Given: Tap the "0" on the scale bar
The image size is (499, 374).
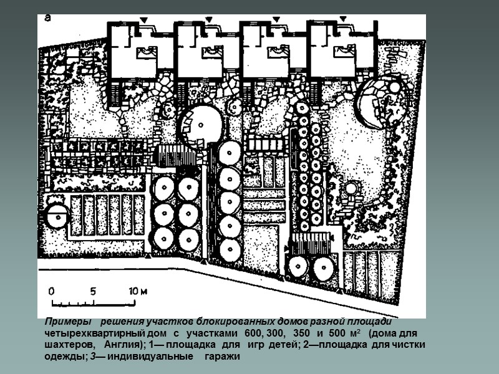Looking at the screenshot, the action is pos(52,291).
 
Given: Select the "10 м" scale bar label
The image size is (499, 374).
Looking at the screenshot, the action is pos(138,291).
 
